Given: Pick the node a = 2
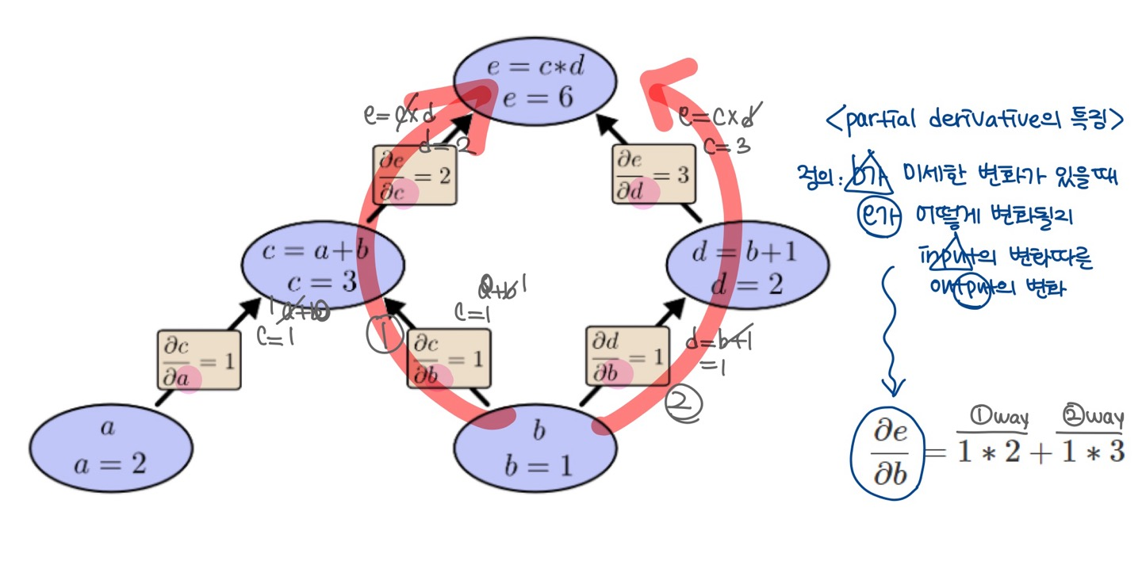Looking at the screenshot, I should tap(110, 447).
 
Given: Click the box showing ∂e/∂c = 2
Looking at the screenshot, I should tap(414, 175).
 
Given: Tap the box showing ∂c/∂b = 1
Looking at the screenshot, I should tap(448, 359).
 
